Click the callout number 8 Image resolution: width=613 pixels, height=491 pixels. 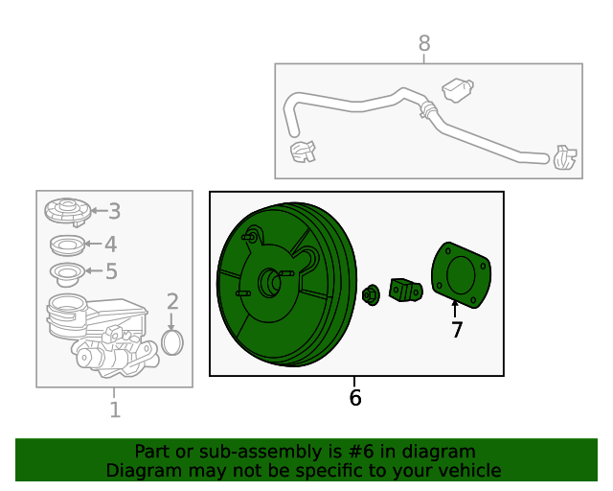[x=424, y=43]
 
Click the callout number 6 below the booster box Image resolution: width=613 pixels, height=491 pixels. [x=355, y=397]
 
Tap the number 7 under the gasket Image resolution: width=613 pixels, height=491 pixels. [x=457, y=329]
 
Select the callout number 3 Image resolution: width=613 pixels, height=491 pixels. [x=114, y=211]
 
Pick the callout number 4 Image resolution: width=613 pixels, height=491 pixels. [x=111, y=244]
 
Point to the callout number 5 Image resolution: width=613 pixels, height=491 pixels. [x=111, y=271]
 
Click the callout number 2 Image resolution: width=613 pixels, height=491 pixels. [x=172, y=301]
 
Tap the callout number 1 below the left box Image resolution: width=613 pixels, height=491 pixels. [x=115, y=409]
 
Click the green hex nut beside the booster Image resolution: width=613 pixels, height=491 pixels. [x=371, y=295]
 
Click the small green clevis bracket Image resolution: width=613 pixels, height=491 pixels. [x=405, y=291]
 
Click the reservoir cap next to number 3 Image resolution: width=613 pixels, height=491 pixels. [x=68, y=211]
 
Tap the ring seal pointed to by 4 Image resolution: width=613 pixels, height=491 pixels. [x=68, y=245]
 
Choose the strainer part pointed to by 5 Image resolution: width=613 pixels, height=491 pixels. [x=67, y=273]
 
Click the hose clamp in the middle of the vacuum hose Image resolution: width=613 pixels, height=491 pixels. [x=427, y=109]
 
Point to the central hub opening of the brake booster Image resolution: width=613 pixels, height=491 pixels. [x=270, y=283]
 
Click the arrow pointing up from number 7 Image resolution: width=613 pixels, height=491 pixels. [x=455, y=309]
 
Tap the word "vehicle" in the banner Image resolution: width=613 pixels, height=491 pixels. [x=472, y=470]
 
